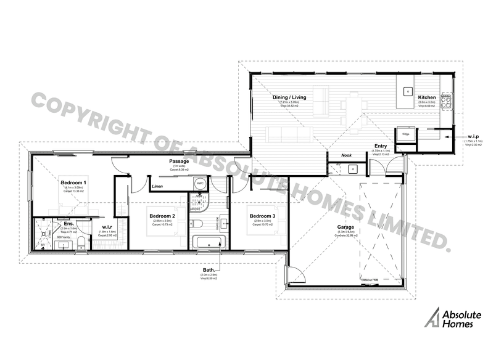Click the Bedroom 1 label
(73, 183)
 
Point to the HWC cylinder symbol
(200, 183)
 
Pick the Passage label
(180, 162)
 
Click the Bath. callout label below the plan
(209, 270)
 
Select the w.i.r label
(107, 227)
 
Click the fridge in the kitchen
(406, 134)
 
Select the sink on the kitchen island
(408, 91)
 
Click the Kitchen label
(427, 98)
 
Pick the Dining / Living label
(289, 98)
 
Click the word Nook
(346, 155)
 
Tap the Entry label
(381, 145)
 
